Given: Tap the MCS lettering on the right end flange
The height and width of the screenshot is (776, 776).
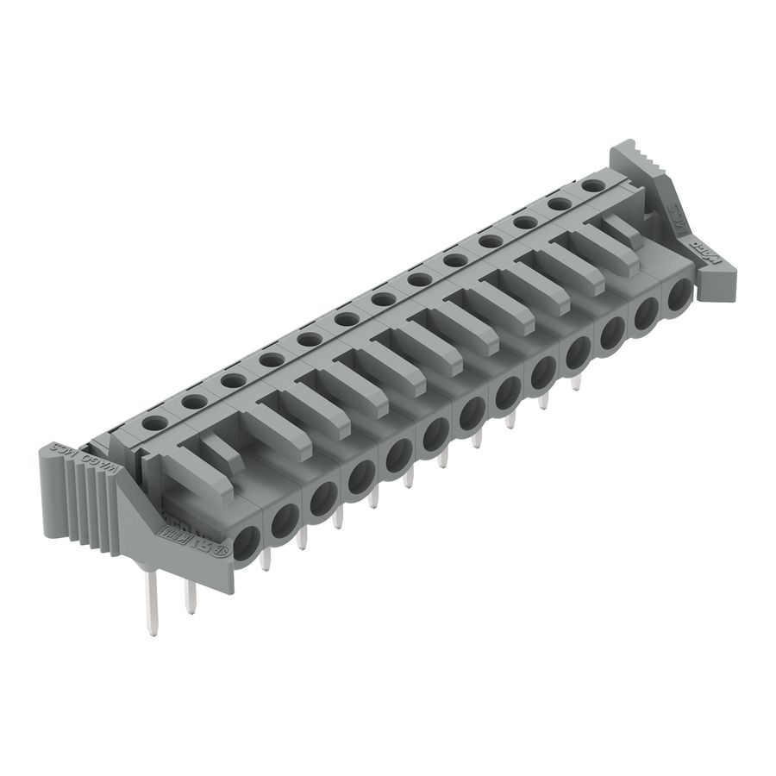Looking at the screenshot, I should coord(678,211).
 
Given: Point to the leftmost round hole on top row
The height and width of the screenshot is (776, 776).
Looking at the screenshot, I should coord(155,422).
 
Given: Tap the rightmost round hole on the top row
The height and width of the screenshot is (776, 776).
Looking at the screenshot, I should coord(592,185).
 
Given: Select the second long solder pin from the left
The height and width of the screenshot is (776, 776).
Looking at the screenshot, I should coord(191,595).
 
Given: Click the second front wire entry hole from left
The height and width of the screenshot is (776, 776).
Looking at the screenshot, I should coord(285,519).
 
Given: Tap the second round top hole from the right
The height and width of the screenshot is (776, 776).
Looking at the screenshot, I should coord(560,203).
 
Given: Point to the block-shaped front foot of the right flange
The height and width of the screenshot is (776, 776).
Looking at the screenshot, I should coord(719,278).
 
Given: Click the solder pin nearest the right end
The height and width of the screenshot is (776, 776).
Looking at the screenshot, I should coord(577,379).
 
